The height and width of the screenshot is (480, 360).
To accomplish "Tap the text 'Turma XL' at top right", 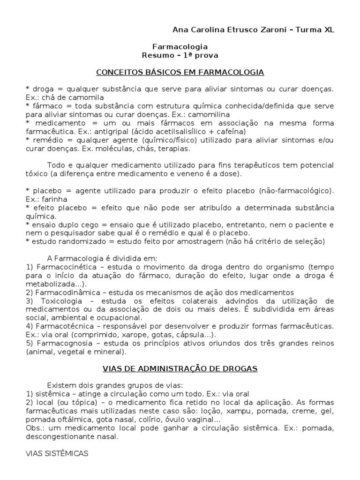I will click(x=319, y=30).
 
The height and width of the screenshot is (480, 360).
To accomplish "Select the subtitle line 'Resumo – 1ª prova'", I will click(x=180, y=55).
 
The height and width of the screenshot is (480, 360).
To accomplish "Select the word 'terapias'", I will click(x=175, y=149).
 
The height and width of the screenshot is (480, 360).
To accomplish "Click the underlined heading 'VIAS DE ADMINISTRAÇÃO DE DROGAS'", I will click(x=180, y=368).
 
